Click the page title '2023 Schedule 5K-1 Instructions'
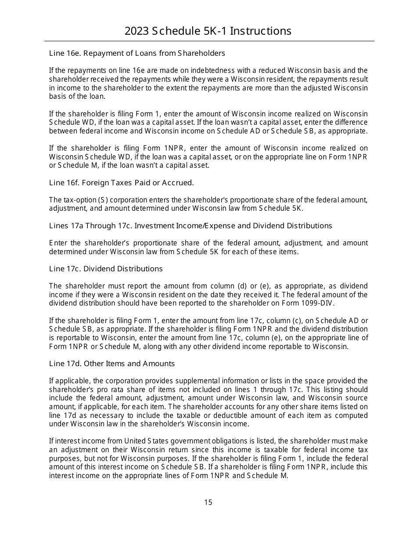(208, 31)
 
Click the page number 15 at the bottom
(208, 502)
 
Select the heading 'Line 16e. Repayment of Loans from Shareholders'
(137, 53)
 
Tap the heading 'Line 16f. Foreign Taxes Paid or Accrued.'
(122, 183)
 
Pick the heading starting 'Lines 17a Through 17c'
(191, 226)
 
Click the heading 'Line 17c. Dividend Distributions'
(106, 269)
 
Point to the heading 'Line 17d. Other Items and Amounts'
(112, 364)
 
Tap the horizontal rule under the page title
(209, 41)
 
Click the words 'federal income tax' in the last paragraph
(339, 450)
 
